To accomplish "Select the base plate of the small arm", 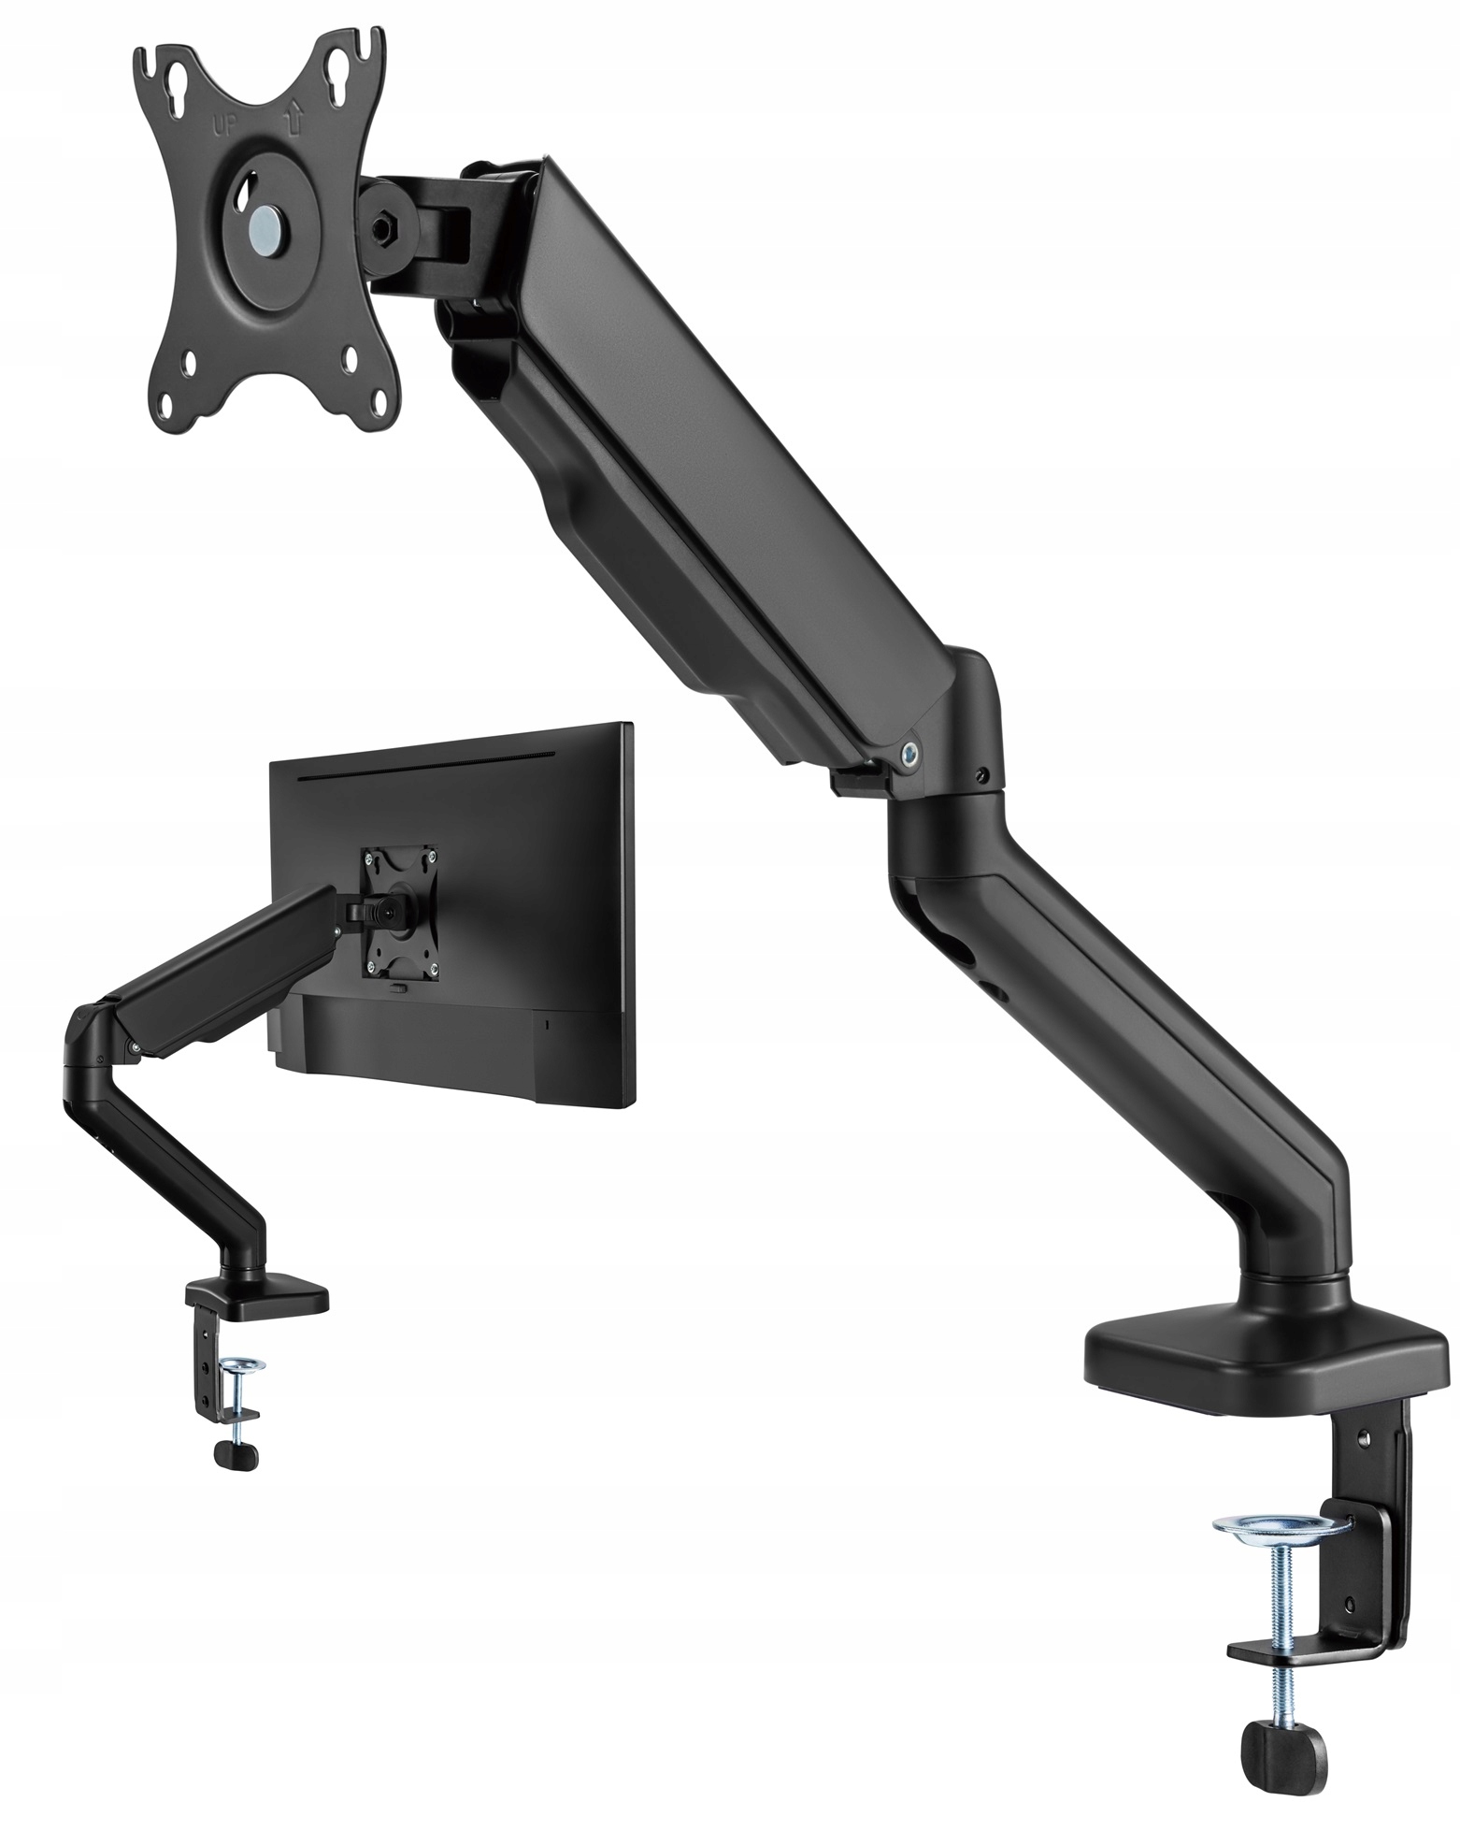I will [x=257, y=1299].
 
